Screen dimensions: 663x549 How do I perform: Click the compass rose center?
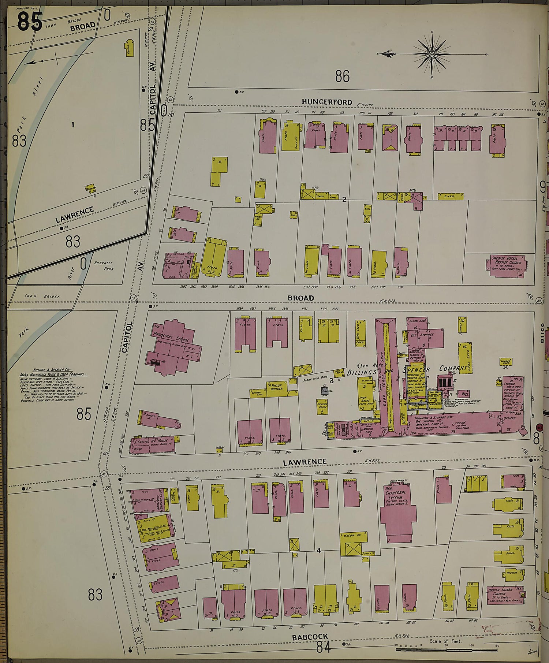432,55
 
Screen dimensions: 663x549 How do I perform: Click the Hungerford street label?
327,102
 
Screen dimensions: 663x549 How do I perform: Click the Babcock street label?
310,637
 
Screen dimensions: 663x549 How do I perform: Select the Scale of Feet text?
445,641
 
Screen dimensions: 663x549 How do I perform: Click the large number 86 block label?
342,76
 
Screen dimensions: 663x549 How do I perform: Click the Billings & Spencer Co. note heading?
53,370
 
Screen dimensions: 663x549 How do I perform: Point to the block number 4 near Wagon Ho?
319,550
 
